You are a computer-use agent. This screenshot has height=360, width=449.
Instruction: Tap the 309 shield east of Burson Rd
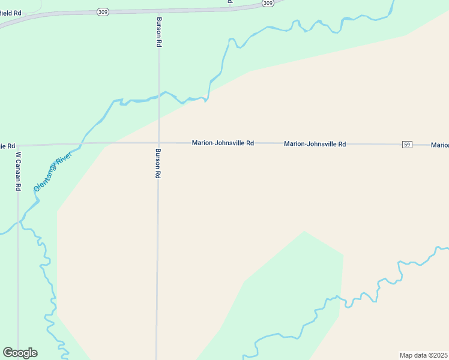point(268,3)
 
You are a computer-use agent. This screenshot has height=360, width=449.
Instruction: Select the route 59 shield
point(407,145)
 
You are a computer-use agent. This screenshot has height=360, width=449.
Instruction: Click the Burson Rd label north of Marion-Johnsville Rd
point(160,32)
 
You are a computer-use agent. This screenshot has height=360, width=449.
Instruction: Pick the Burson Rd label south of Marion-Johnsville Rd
point(158,163)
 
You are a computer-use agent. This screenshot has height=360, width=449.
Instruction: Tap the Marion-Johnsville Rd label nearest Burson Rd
point(223,143)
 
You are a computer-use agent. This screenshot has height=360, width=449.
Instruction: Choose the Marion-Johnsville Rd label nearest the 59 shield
point(315,144)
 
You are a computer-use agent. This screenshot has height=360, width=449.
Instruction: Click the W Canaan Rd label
point(19,171)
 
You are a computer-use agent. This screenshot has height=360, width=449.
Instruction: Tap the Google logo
point(20,353)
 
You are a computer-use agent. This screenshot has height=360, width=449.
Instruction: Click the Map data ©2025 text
point(423,355)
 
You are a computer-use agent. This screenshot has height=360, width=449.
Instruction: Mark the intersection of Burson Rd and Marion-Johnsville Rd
point(158,143)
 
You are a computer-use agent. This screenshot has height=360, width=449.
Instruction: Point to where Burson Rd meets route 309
point(159,10)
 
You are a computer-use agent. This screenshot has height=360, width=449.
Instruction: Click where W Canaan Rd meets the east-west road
point(18,145)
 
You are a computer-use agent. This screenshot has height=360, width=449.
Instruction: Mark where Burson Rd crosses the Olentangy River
point(159,95)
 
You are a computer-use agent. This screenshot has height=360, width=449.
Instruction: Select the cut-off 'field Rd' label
point(10,13)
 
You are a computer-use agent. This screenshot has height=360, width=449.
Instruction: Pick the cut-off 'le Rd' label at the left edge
point(7,146)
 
